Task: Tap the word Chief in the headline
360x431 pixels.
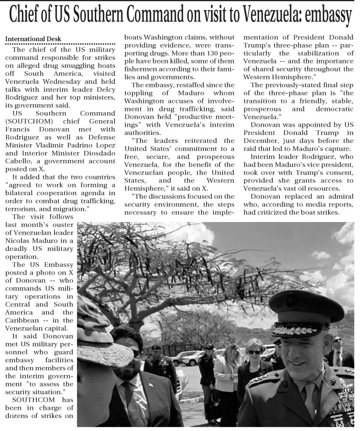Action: (25, 16)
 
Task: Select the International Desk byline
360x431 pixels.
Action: (33, 39)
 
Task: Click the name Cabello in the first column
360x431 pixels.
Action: (18, 162)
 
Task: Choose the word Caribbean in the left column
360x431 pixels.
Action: (21, 320)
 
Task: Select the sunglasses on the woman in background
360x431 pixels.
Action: (254, 352)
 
